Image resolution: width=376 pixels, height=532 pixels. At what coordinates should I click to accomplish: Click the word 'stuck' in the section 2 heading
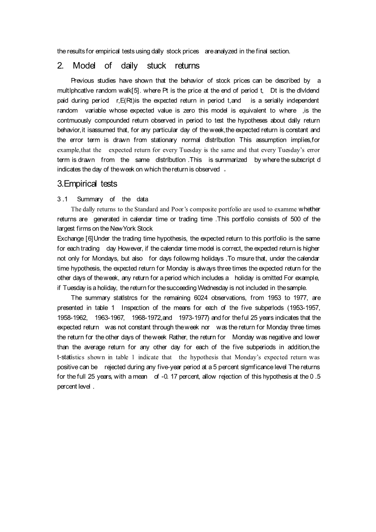click(156, 66)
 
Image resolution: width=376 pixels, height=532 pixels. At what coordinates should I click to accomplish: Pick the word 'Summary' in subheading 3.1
click(90, 199)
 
